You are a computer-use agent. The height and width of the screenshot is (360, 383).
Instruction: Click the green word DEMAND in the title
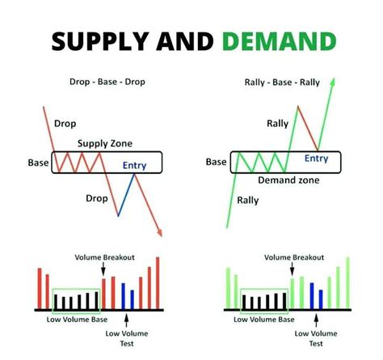tap(280, 41)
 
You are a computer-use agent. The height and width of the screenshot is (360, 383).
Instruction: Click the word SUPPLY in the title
tap(100, 41)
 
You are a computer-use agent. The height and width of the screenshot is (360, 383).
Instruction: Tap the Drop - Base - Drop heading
tap(107, 82)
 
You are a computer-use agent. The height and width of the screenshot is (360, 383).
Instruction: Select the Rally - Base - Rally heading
tap(282, 83)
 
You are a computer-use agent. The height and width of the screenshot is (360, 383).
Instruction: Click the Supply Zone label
tap(105, 143)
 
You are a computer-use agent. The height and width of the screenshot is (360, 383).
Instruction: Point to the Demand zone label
tap(288, 180)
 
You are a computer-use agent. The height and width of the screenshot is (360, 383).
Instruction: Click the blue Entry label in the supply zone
tap(134, 165)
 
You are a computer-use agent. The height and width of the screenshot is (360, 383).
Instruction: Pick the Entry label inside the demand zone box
tap(316, 159)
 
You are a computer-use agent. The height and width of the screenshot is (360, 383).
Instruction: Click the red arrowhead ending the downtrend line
tap(160, 233)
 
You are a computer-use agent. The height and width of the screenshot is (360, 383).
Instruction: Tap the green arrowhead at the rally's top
tap(333, 82)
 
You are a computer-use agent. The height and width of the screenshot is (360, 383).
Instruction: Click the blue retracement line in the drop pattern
tap(126, 195)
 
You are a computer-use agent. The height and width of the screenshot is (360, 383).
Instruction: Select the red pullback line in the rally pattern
tap(308, 128)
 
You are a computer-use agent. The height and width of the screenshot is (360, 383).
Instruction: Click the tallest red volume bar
tap(158, 283)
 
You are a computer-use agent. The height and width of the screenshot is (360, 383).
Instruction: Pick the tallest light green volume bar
tap(347, 283)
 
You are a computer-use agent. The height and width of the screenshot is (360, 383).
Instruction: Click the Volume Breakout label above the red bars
tap(104, 257)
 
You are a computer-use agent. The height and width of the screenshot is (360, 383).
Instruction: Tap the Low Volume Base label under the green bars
tap(264, 320)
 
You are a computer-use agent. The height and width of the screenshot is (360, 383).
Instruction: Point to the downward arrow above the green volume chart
tap(293, 269)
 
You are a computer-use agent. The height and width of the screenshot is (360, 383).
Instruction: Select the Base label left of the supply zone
tap(38, 163)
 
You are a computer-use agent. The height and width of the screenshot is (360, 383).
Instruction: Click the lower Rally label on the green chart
tap(248, 201)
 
